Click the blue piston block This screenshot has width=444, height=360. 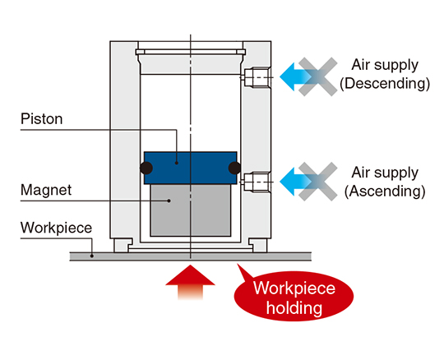point(190,168)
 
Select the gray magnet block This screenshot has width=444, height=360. point(190,210)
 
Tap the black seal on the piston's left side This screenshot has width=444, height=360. point(146,168)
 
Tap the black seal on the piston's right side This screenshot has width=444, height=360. point(234,168)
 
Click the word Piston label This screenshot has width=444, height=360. point(42,119)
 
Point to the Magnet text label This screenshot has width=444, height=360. point(46,190)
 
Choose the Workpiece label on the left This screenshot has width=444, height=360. point(57,228)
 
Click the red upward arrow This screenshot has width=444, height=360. point(190,282)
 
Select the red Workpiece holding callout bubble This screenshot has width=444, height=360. point(294,296)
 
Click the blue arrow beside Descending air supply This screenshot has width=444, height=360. point(294,76)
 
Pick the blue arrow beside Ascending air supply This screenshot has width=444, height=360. point(294,182)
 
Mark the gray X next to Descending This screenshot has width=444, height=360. point(318,76)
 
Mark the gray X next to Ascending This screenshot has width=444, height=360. point(318,182)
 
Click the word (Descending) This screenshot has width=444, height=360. point(385,84)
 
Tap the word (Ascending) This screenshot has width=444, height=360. point(385,192)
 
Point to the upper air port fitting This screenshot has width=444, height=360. point(257,77)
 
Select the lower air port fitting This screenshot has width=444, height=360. point(257,182)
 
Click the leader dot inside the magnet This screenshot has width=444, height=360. point(169,201)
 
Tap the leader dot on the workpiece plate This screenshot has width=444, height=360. point(92,256)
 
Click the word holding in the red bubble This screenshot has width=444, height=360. point(294,307)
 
